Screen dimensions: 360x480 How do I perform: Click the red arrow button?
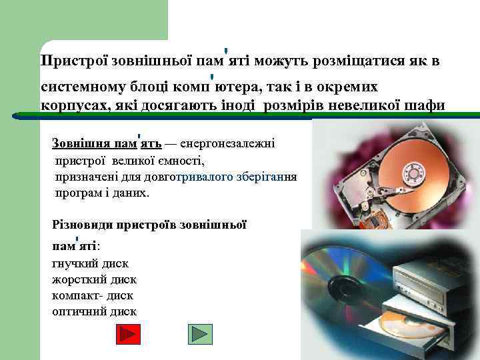tap(128, 333)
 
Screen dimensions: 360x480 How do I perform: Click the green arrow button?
tap(200, 333)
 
